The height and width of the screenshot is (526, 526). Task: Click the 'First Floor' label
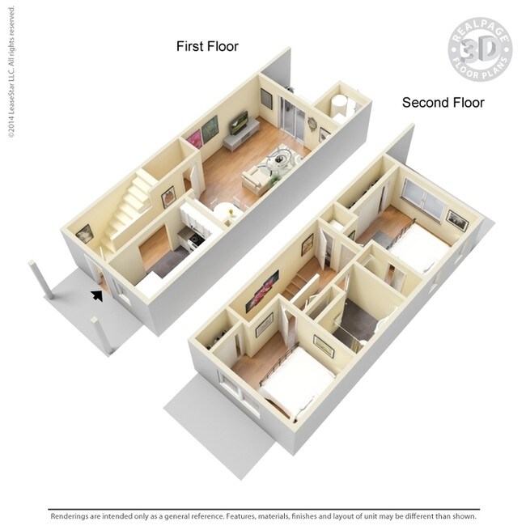(207, 46)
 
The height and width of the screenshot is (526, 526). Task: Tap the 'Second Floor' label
(443, 102)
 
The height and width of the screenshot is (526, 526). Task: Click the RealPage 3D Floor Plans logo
(480, 48)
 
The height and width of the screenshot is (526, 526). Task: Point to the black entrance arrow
(98, 295)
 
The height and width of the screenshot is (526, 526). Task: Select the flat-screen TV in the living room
(239, 124)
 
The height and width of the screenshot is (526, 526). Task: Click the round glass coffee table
(281, 158)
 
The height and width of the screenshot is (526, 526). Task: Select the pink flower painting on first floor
(195, 138)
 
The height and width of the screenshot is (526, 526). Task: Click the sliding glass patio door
(291, 120)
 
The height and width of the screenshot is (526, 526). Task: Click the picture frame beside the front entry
(84, 234)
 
